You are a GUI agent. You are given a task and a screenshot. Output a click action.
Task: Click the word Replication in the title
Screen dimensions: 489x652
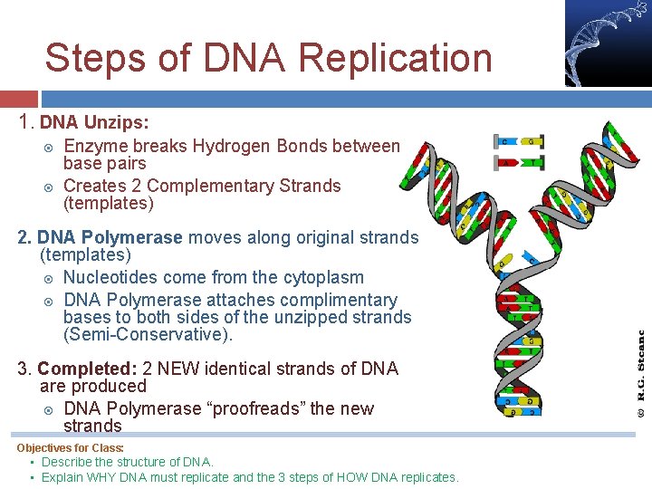click(394, 59)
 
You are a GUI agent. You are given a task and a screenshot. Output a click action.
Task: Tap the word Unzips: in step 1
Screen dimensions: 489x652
click(117, 121)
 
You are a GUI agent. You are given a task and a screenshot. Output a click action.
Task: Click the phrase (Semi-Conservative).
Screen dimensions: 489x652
click(148, 335)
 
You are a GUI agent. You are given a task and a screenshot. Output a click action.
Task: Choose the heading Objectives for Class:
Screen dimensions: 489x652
click(70, 448)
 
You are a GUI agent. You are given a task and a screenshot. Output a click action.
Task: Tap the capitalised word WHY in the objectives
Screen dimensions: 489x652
click(107, 477)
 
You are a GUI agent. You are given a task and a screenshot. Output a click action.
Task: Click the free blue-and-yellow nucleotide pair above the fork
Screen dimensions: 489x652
click(519, 142)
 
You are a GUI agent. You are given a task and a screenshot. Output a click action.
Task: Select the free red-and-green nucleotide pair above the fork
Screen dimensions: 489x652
click(519, 163)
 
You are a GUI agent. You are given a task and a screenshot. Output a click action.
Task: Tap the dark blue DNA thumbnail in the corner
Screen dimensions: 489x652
click(608, 43)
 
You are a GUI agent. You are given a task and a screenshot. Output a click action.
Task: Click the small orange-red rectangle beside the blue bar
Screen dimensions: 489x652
click(18, 99)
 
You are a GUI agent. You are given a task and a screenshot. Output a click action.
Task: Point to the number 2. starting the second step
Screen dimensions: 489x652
click(25, 237)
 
